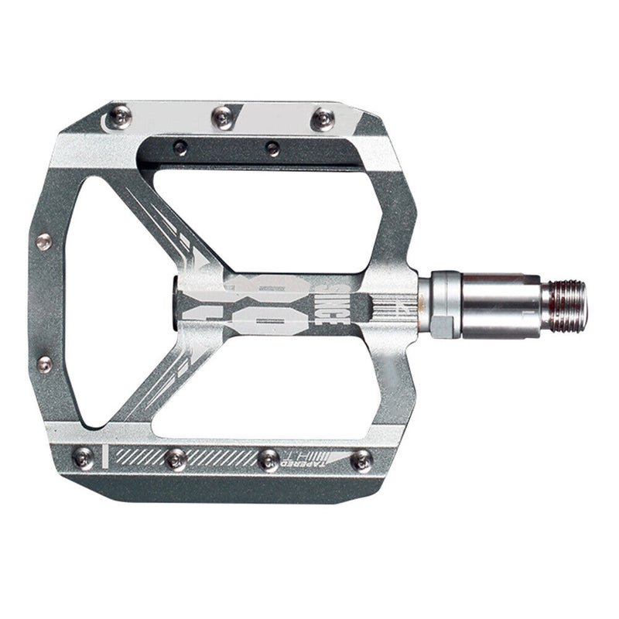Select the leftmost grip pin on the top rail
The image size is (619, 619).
119,117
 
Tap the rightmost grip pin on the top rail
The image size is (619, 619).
323,118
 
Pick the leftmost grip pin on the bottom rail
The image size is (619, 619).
83,458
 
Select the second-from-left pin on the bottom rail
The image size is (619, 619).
175,459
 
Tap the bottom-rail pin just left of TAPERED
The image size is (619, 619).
268,460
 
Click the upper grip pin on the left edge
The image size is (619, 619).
44,241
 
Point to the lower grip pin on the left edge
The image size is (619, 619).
44,364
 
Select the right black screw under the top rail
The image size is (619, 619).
272,148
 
